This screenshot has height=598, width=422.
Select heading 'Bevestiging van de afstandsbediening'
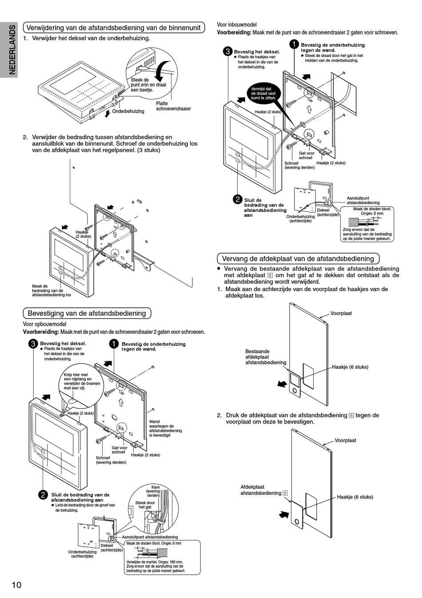tap(87, 313)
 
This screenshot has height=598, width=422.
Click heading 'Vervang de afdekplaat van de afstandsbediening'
tap(298, 259)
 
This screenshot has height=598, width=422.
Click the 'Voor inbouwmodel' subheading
tap(236, 24)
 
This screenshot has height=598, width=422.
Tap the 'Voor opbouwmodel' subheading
tap(44, 324)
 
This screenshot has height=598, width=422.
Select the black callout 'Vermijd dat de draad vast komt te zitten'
tap(263, 93)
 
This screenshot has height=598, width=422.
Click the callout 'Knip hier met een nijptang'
tap(82, 381)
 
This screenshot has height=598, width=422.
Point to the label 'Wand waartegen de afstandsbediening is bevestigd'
tap(165, 428)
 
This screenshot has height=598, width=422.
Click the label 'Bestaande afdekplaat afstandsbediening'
tap(266, 357)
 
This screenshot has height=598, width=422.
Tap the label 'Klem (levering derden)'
tap(154, 491)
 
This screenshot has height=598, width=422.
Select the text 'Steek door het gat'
tap(145, 505)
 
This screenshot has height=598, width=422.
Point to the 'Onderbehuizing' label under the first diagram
tap(128, 111)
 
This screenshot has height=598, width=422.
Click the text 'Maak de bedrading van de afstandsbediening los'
tap(51, 291)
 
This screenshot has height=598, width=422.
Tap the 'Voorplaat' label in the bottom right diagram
tap(345, 440)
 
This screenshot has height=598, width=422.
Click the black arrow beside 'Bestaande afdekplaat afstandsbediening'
tap(282, 384)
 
